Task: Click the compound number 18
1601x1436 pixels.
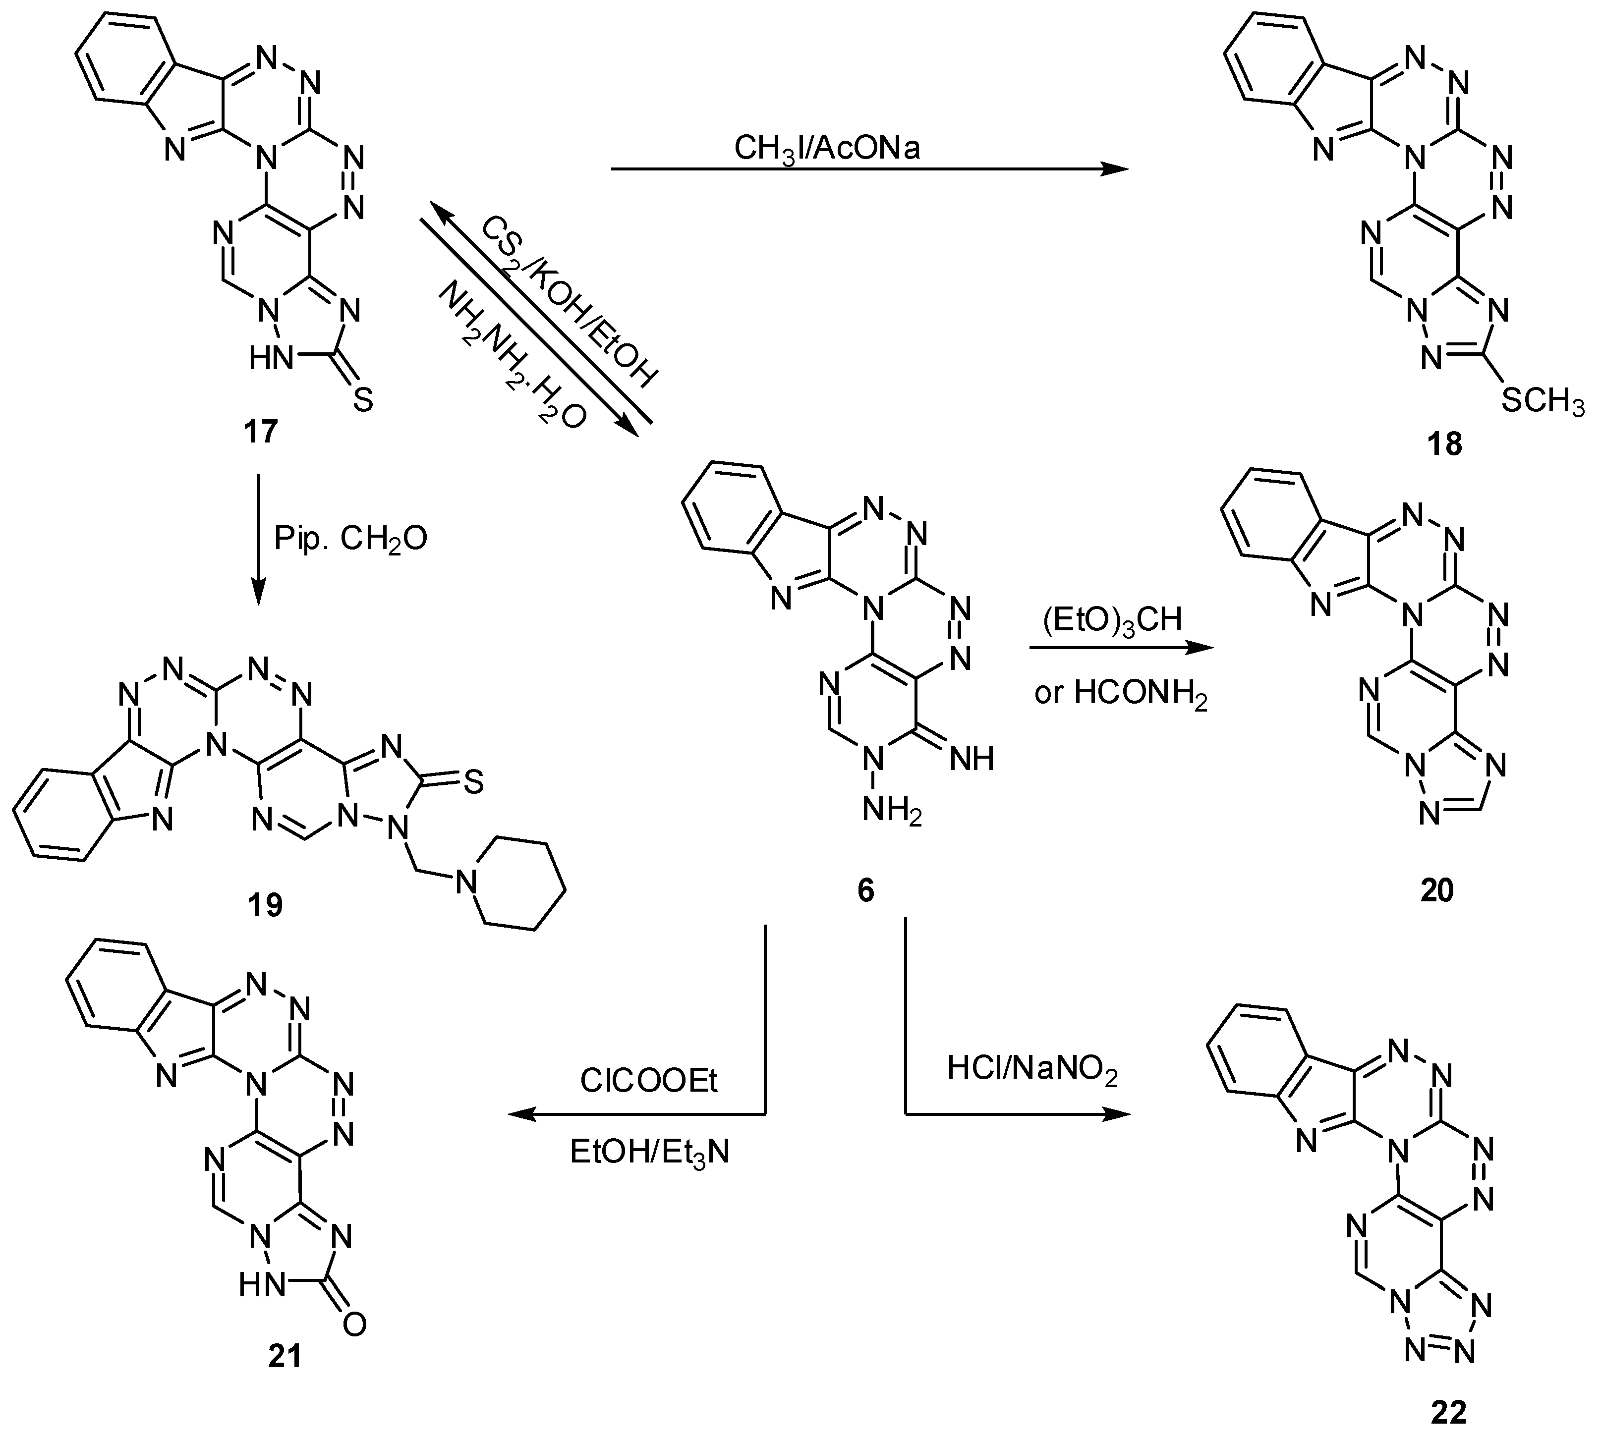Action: (x=1444, y=444)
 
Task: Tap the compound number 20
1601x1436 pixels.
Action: (x=1436, y=890)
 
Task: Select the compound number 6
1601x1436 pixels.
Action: (x=865, y=890)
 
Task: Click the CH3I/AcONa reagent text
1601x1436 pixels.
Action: (x=827, y=148)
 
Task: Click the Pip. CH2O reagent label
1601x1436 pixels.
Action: (x=350, y=539)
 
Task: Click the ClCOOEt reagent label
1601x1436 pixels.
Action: (x=649, y=1081)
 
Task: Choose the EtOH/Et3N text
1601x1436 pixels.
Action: (x=649, y=1153)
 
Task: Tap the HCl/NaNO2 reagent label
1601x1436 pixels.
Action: (x=1032, y=1069)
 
